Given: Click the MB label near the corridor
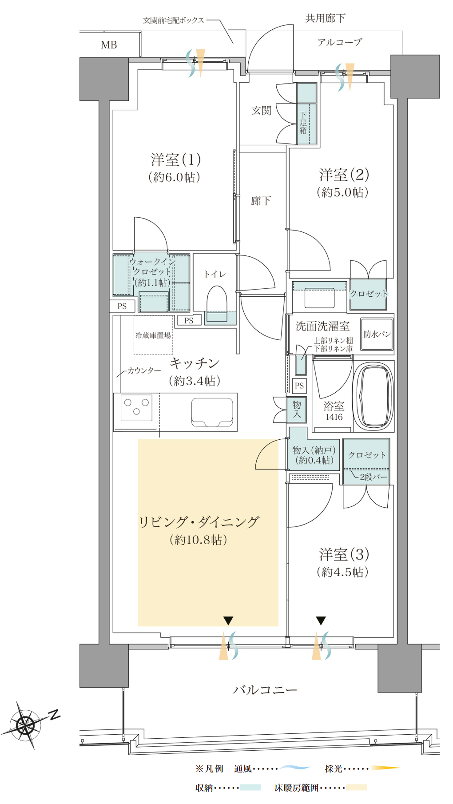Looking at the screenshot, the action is tap(109, 45).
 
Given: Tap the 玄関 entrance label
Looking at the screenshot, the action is tap(261, 111).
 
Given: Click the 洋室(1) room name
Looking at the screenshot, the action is tap(176, 159).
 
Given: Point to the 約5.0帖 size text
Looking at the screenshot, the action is tap(342, 192).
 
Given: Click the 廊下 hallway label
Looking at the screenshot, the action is tap(261, 201).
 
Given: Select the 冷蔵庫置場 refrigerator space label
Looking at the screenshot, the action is tap(153, 335).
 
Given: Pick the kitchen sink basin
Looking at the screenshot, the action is tap(212, 412).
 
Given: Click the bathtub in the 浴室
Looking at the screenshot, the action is tap(374, 396).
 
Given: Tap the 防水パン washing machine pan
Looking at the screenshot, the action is tap(377, 334).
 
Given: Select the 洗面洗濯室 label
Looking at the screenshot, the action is tap(322, 326).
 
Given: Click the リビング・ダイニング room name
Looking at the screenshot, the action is tap(199, 522).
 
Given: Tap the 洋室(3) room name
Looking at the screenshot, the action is tap(344, 554).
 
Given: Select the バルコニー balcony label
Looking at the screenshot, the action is tap(265, 690).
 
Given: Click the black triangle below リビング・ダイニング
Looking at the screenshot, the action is tap(228, 621).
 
